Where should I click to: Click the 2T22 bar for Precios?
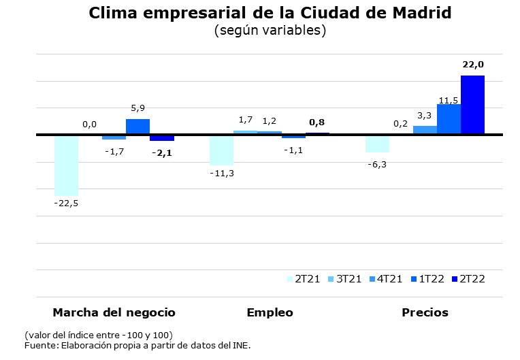pyautogui.click(x=472, y=105)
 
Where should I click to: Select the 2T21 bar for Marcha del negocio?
pyautogui.click(x=66, y=165)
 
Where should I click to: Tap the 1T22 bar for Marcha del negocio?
pyautogui.click(x=137, y=127)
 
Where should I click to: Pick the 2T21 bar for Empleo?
pyautogui.click(x=221, y=150)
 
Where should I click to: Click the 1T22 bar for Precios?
pyautogui.click(x=449, y=119)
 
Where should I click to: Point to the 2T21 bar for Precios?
pyautogui.click(x=377, y=144)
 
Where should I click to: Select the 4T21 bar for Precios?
pyautogui.click(x=425, y=130)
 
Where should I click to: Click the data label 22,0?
pyautogui.click(x=472, y=65)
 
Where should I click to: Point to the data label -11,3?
pyautogui.click(x=221, y=174)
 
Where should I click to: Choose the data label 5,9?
pyautogui.click(x=137, y=108)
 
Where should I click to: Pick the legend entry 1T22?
pyautogui.click(x=431, y=278)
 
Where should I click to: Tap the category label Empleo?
pyautogui.click(x=270, y=312)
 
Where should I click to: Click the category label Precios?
pyautogui.click(x=425, y=312)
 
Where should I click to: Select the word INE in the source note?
pyautogui.click(x=241, y=346)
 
